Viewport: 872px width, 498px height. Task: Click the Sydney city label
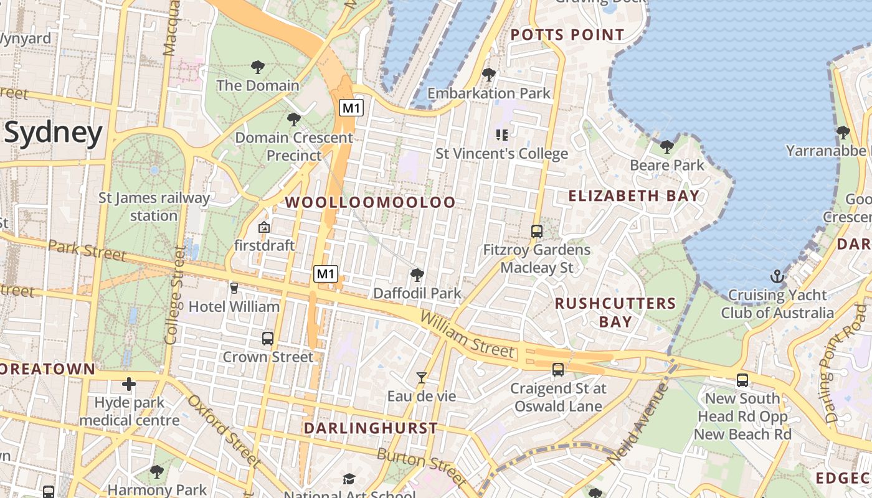tap(53, 133)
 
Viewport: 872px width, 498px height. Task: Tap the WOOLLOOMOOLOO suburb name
tap(370, 202)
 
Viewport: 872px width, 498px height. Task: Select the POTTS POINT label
tap(567, 35)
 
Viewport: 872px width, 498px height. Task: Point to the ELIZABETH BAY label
tap(633, 196)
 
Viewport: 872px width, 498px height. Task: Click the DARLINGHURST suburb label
tap(371, 428)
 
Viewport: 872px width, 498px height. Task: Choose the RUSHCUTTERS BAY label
tap(615, 312)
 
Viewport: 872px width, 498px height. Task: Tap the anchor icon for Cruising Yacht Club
tap(777, 276)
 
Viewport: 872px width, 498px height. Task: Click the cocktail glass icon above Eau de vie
tap(422, 378)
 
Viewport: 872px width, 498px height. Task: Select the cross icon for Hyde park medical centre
tap(129, 384)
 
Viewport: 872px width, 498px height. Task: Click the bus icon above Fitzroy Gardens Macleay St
tap(536, 232)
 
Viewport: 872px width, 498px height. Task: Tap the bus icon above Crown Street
tap(268, 339)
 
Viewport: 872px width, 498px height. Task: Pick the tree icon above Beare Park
tap(666, 147)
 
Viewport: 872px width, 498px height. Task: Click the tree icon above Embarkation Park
tap(489, 75)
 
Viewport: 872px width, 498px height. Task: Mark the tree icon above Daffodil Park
tap(417, 275)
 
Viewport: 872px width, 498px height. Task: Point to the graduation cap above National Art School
tap(349, 479)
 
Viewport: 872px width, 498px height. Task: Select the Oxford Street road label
tap(223, 430)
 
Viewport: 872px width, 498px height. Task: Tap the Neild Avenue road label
tap(637, 423)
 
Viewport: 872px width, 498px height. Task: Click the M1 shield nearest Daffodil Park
tap(326, 273)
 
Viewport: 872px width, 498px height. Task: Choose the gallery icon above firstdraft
tap(264, 227)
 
